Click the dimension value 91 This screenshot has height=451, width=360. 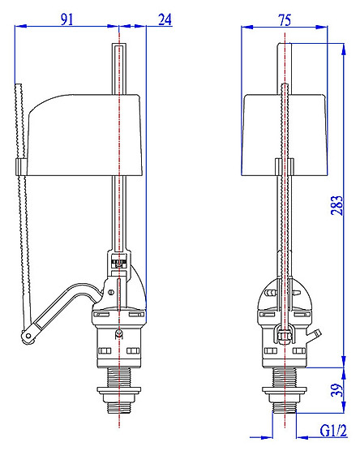click(67, 19)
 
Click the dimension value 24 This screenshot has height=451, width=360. click(165, 19)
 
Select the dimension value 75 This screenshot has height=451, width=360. click(285, 20)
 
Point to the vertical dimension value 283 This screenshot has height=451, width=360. click(337, 205)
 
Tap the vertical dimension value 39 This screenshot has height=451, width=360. click(337, 390)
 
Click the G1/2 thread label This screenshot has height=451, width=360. click(333, 431)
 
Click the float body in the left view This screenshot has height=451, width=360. click(84, 135)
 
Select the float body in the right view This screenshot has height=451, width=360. click(285, 135)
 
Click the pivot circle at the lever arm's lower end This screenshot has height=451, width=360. click(28, 336)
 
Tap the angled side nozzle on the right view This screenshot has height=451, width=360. click(314, 335)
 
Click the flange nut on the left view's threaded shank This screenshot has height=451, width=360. click(118, 390)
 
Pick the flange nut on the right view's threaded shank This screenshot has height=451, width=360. click(285, 390)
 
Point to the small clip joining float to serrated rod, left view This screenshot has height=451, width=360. click(21, 167)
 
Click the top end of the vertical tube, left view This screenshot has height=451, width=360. click(118, 45)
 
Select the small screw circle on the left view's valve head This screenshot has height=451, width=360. click(111, 293)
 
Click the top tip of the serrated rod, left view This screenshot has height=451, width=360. click(19, 84)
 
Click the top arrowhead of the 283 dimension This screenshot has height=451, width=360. click(343, 49)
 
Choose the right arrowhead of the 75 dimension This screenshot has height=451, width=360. click(321, 27)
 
